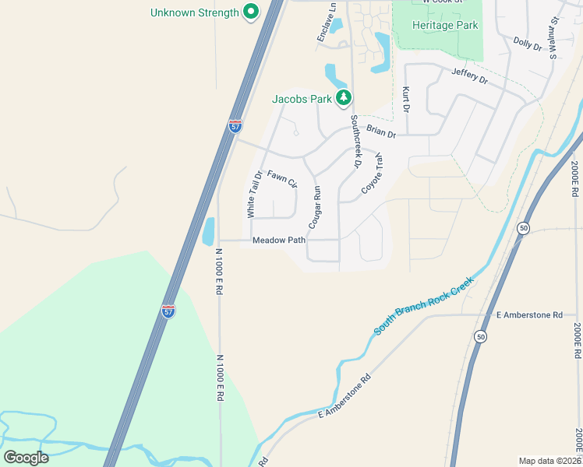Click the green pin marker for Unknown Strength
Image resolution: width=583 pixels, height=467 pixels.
click(x=250, y=12)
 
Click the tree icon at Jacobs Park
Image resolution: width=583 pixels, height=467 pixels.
click(x=344, y=98)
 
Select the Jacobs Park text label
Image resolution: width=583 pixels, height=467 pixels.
click(x=302, y=100)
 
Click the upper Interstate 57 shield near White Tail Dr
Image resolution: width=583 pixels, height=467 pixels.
click(x=235, y=126)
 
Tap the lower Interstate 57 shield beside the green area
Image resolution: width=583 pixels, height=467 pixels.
click(x=168, y=310)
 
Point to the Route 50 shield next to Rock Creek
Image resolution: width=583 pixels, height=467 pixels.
click(x=523, y=227)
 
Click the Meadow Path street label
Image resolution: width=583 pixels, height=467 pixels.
click(x=279, y=241)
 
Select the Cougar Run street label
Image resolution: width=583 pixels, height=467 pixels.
click(x=316, y=206)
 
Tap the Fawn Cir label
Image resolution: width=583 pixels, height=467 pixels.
click(x=282, y=179)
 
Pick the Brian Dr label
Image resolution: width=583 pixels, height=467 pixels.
click(x=381, y=133)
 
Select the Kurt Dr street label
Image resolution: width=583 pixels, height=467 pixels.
click(x=405, y=99)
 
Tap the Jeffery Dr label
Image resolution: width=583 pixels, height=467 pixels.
click(x=469, y=76)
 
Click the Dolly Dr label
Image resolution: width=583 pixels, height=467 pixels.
click(x=528, y=43)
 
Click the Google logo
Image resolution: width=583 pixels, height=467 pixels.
click(x=26, y=457)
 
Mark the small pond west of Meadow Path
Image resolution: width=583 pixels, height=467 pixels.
click(x=208, y=231)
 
